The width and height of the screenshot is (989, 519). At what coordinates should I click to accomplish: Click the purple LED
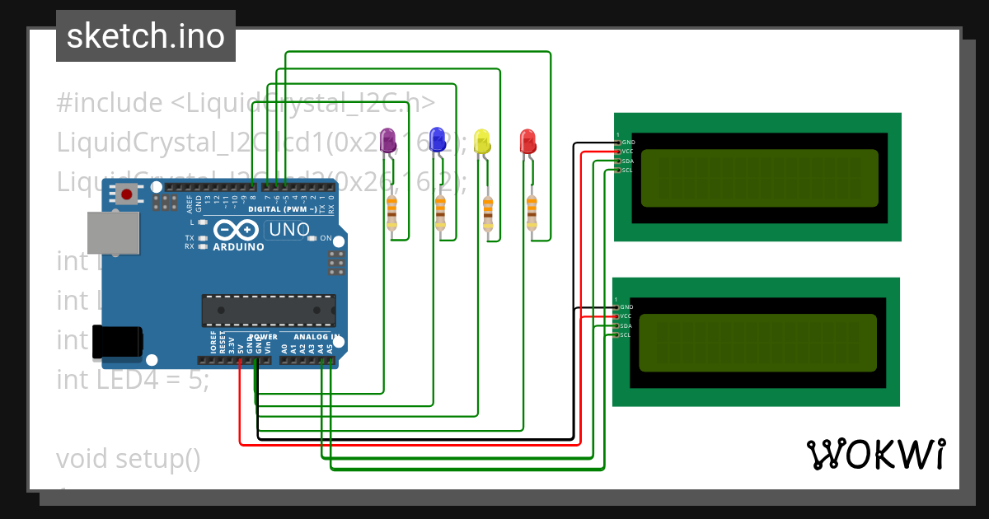coord(388,140)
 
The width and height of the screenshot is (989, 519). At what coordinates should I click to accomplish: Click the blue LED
coord(438,140)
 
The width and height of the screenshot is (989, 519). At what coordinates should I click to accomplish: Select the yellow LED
coord(482,141)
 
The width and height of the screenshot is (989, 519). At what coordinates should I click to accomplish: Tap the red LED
coord(528,141)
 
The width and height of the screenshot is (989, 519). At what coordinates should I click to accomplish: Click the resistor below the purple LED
coord(391,213)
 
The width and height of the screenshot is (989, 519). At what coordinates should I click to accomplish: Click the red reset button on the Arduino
coord(127,195)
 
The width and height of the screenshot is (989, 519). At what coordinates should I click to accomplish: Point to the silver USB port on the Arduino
coord(113,232)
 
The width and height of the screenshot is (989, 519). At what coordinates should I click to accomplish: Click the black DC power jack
coord(116,342)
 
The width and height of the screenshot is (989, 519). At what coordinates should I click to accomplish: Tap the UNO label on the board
coord(289,229)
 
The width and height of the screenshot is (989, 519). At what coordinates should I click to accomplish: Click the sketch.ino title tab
coord(146,36)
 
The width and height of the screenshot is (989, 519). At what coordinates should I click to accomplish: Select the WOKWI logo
coord(875,454)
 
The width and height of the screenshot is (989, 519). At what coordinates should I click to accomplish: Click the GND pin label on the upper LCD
coord(628,143)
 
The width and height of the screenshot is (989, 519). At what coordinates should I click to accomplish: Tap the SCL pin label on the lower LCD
coord(626,334)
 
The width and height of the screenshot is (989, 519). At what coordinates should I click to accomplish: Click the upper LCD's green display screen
coord(759,177)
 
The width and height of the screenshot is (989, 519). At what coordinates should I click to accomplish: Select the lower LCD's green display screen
coord(757,342)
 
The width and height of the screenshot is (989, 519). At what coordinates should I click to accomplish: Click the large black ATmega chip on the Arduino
coord(269,310)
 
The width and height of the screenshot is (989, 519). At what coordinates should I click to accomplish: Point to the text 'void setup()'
coord(129,458)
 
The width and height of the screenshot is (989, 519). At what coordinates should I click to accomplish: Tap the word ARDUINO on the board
coord(238,246)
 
